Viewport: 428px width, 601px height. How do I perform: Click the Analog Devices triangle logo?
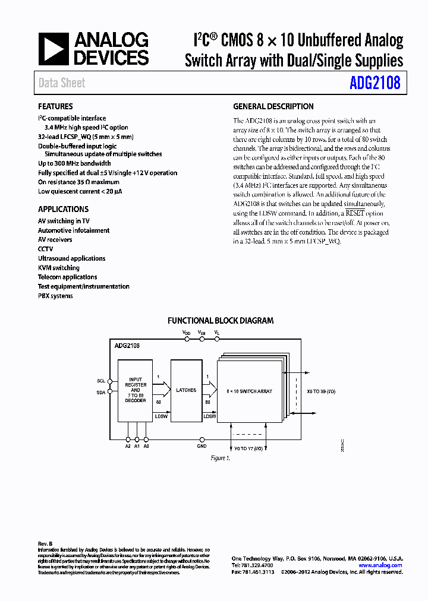[55, 49]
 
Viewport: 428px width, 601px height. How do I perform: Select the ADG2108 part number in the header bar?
[375, 83]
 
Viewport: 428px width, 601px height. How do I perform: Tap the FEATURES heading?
[55, 107]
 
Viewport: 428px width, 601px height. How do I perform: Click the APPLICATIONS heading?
[63, 209]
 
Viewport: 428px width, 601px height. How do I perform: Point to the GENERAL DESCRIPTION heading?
[273, 107]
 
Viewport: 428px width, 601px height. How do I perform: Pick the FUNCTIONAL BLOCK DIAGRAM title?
[220, 321]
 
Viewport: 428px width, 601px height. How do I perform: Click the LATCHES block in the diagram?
[186, 390]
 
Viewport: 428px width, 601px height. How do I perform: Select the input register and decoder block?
[136, 390]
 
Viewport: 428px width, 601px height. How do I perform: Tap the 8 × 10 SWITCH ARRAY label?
[249, 391]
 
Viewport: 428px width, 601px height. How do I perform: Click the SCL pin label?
[100, 381]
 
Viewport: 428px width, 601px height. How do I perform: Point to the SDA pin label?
[100, 393]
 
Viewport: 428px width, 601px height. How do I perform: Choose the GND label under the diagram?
[202, 445]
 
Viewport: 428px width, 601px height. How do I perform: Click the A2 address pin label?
[128, 445]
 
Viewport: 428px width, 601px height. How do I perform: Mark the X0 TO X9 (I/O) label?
[321, 391]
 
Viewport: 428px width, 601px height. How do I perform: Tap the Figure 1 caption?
[220, 458]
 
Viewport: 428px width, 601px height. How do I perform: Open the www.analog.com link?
[380, 565]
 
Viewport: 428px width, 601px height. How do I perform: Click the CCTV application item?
[46, 249]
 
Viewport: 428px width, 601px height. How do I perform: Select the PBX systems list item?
[55, 296]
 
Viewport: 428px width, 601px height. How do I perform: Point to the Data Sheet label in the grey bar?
[62, 83]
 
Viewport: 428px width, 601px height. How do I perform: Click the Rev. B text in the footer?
[45, 544]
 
